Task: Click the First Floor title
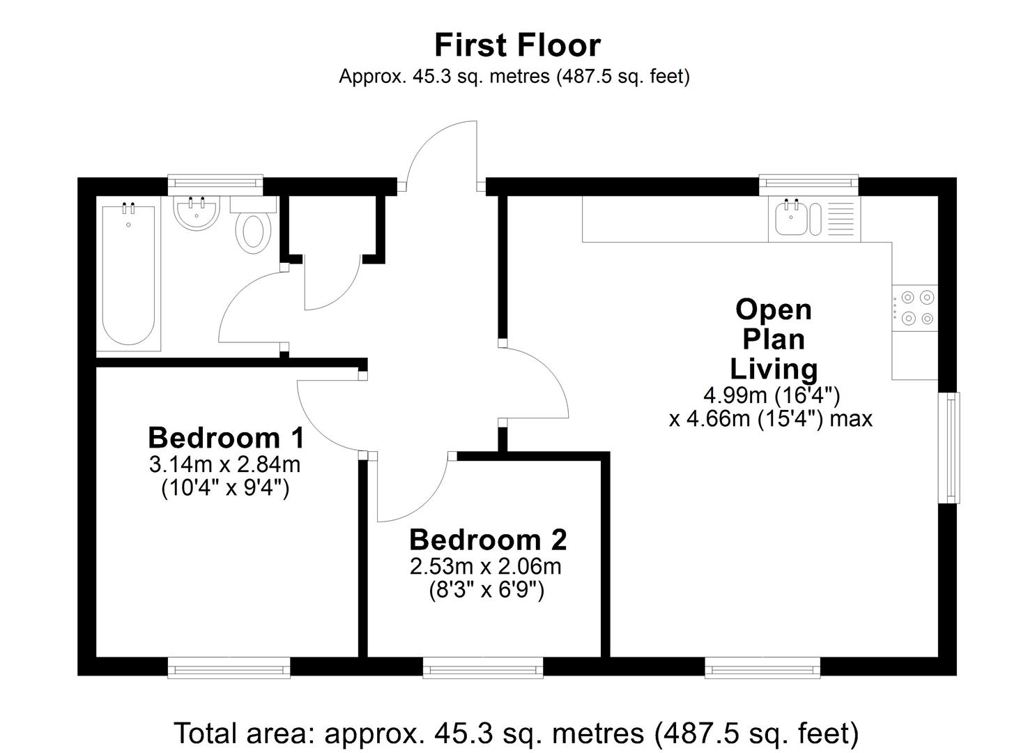point(517,45)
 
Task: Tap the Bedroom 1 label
point(226,438)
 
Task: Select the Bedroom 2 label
point(488,540)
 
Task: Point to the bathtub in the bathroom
point(128,275)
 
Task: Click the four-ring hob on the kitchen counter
point(916,307)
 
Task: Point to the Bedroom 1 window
point(229,668)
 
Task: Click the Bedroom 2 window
point(483,668)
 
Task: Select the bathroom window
point(215,184)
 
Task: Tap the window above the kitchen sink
point(808,184)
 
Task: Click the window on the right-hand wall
point(949,447)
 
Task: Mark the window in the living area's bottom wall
point(762,668)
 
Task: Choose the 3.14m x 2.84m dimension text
point(224,464)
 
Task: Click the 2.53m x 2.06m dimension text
point(486,566)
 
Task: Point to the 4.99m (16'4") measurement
point(772,395)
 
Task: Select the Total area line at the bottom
point(516,733)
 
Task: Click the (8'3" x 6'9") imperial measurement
point(486,591)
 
